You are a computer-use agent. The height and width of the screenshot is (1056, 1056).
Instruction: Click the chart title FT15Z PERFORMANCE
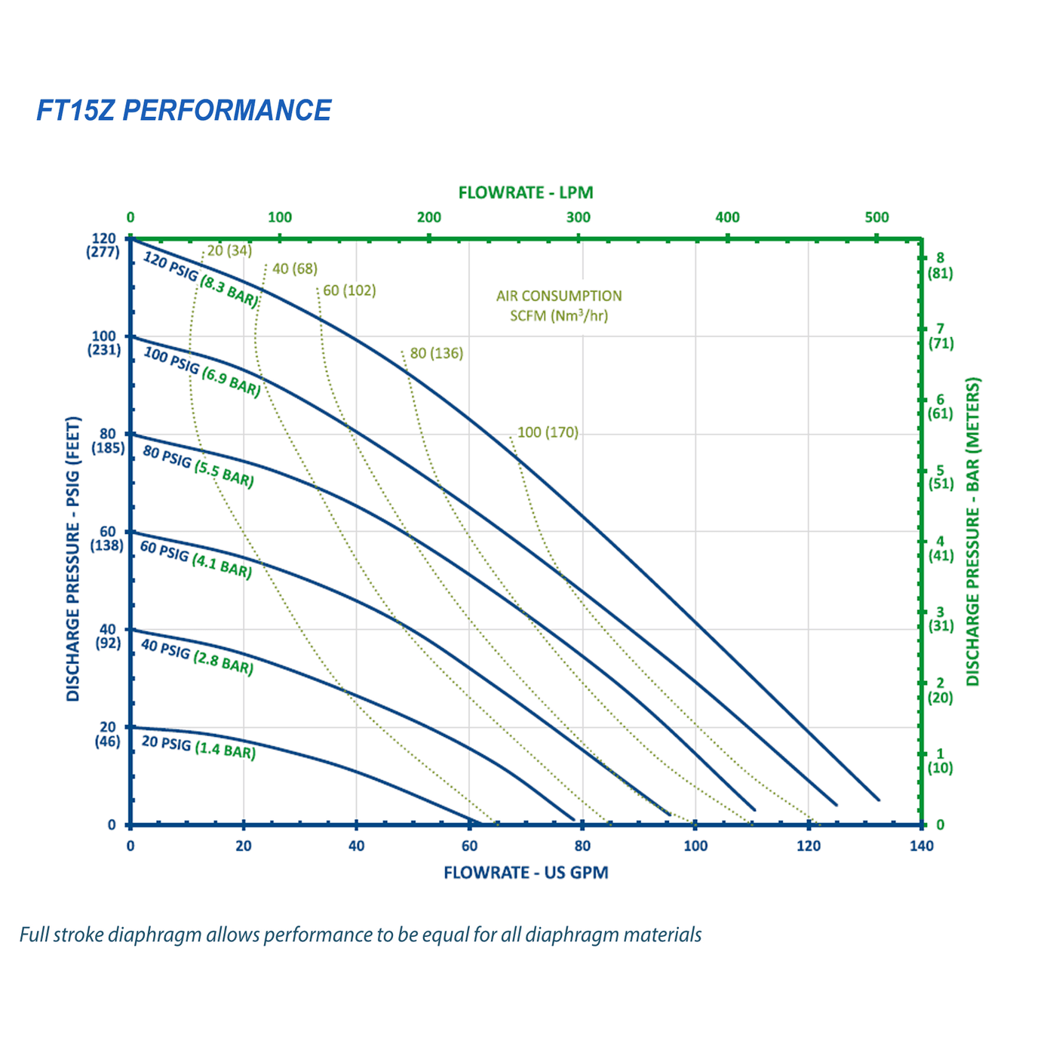[x=184, y=111]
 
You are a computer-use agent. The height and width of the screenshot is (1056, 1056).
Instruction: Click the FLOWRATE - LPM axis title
[x=526, y=192]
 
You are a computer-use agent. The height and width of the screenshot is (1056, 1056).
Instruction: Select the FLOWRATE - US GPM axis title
[x=526, y=873]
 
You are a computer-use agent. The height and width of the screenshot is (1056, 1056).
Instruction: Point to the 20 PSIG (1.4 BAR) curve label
[x=198, y=747]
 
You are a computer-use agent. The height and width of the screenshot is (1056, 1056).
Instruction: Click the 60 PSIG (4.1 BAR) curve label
[x=195, y=559]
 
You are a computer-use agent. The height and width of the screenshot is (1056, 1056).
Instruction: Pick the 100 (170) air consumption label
[x=548, y=432]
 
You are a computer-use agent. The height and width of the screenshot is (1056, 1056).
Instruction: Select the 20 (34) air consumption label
[x=229, y=250]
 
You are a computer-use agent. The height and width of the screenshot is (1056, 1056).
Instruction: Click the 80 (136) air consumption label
[x=437, y=353]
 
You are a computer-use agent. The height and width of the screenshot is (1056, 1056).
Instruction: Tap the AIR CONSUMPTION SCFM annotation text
[x=559, y=305]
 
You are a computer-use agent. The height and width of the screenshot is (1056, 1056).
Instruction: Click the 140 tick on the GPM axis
[x=921, y=846]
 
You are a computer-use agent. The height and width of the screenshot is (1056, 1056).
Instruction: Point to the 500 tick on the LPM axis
[x=876, y=217]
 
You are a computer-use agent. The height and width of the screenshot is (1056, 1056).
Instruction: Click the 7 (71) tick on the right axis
[x=940, y=336]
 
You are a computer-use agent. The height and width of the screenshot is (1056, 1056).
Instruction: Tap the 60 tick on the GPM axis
[x=468, y=846]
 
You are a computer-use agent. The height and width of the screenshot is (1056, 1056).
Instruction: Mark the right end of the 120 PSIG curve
[x=879, y=799]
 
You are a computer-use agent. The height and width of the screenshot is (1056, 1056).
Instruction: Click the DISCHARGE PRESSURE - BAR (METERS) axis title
[x=973, y=532]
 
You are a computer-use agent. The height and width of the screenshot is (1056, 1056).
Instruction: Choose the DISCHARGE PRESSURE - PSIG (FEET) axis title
[x=73, y=558]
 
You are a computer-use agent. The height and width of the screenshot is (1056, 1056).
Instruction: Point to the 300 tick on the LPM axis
[x=579, y=217]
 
